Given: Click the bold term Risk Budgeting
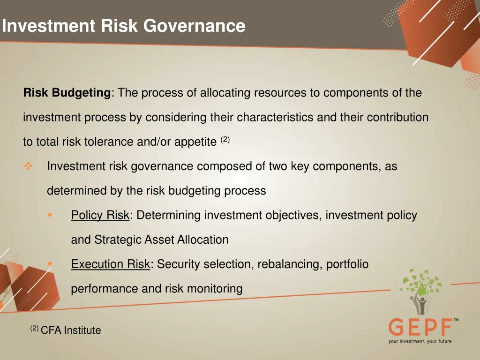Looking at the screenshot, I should [67, 93].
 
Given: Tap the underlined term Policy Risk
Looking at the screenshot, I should [100, 215].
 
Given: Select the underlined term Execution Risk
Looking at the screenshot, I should [110, 264].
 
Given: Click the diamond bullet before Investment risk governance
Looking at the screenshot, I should [28, 166].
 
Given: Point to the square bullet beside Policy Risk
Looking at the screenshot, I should [50, 215].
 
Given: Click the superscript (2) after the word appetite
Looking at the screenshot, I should [225, 140].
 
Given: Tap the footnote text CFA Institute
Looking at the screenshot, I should [71, 330].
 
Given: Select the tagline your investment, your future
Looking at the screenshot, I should [420, 341].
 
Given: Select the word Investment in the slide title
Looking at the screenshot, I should [48, 25].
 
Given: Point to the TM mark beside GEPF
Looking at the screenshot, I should [456, 320].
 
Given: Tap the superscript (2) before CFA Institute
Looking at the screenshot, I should [34, 329].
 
